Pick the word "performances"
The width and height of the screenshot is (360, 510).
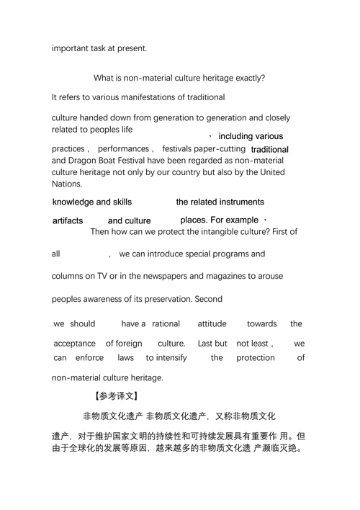tap(123, 148)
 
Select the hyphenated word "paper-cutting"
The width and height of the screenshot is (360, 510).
tap(218, 148)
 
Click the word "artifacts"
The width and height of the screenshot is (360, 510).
tap(68, 220)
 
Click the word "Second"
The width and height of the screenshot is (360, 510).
tap(207, 299)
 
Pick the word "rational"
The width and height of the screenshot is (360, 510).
tap(166, 324)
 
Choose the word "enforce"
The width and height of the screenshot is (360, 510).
tap(89, 357)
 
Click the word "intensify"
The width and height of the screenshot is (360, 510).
tap(166, 357)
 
